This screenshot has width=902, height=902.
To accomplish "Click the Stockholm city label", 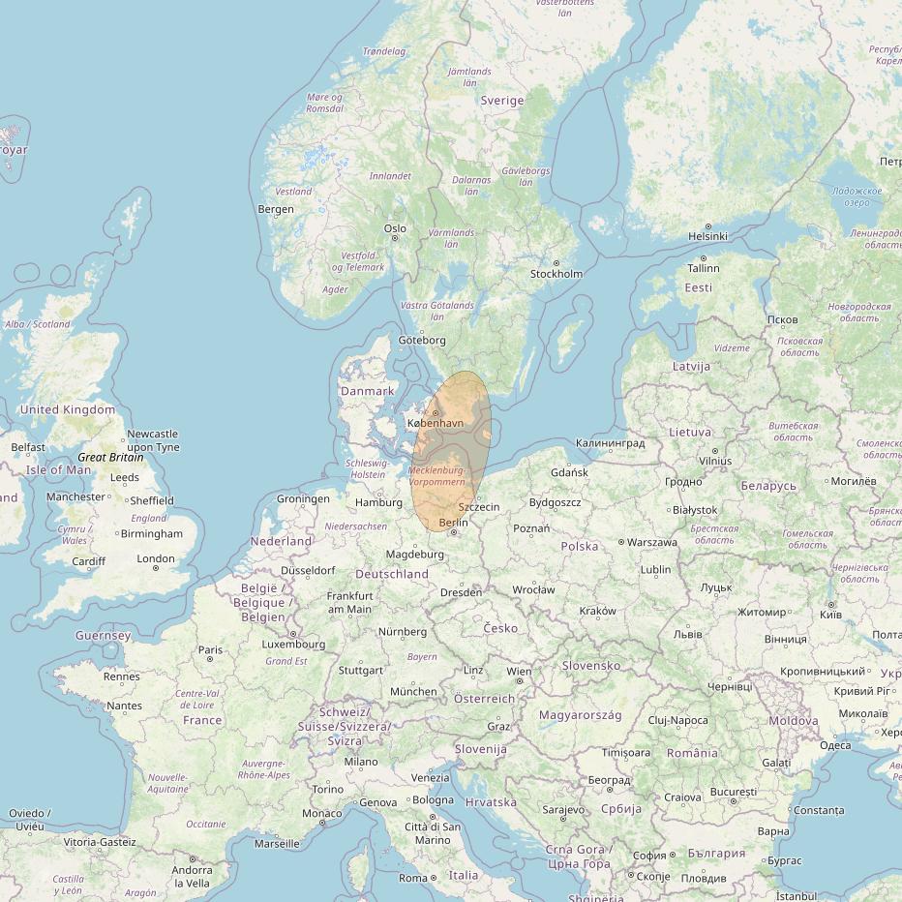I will click(x=556, y=274).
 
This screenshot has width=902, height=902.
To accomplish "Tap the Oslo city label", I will click(x=395, y=229).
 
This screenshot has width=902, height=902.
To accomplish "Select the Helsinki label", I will click(x=707, y=236).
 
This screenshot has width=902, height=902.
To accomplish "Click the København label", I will click(x=436, y=424).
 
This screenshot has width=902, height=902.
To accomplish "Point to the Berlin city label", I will click(x=453, y=523).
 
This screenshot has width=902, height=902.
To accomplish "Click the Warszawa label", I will click(x=652, y=543).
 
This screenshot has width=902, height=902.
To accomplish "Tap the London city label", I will click(x=156, y=558).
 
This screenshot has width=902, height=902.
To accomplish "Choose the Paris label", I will click(x=210, y=650).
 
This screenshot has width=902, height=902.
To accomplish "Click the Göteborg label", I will click(x=422, y=341).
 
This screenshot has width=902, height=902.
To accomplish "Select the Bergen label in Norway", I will click(x=276, y=210).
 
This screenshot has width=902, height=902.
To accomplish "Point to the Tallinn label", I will click(x=704, y=268).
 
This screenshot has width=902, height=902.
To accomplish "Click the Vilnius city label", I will click(x=715, y=462).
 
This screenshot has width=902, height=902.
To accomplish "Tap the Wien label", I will click(x=519, y=672).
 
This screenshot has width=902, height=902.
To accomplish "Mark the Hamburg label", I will click(x=378, y=502).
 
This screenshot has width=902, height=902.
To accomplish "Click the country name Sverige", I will click(x=501, y=101).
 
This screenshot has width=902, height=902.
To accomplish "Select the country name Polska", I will click(x=580, y=546).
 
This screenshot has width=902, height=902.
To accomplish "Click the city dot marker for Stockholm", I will click(x=556, y=262).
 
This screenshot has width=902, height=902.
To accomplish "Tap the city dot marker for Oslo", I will click(x=395, y=238).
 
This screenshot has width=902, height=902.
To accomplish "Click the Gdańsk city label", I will click(x=569, y=472).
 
